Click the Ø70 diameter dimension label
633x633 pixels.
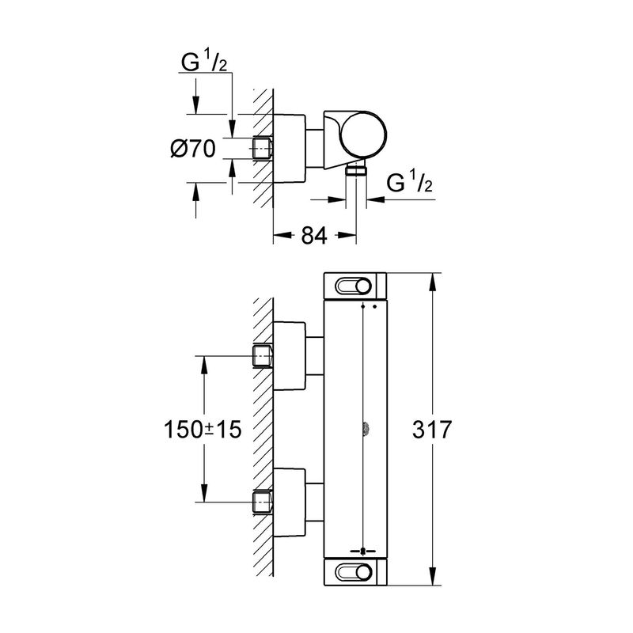[193, 148]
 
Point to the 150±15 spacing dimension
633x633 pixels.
[203, 430]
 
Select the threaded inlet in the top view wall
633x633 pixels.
[263, 148]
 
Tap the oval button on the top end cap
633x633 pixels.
[355, 286]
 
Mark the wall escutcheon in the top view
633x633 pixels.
[293, 148]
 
